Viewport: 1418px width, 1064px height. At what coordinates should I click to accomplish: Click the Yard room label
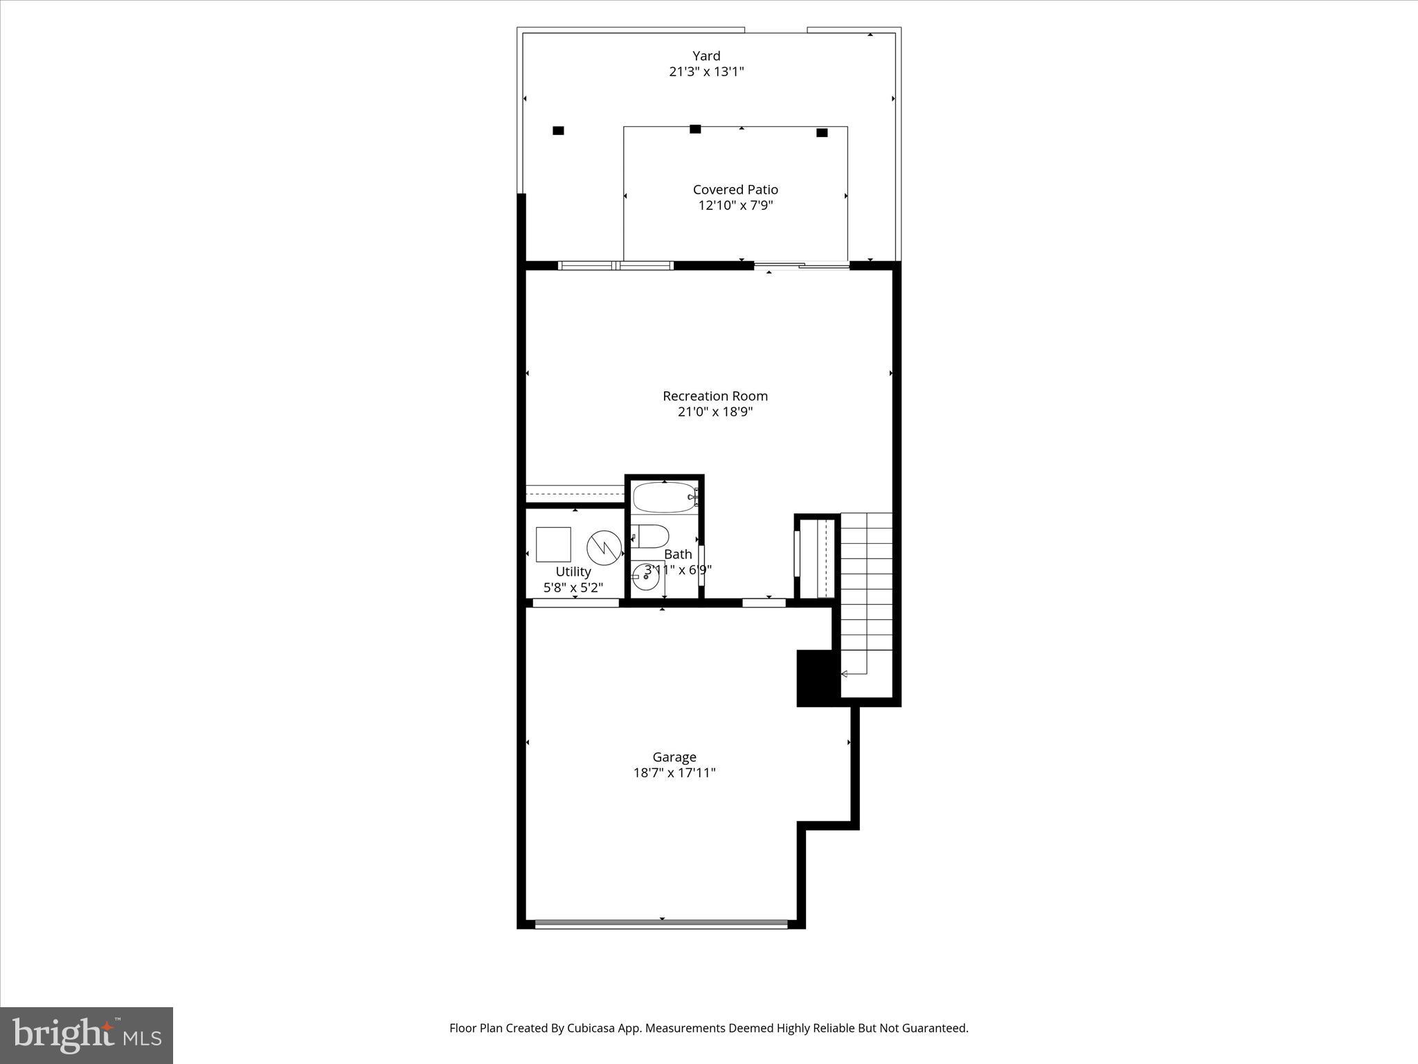[706, 56]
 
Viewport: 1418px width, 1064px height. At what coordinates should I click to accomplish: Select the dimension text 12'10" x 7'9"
[735, 206]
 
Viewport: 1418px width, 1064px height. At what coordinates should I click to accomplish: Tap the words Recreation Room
[715, 396]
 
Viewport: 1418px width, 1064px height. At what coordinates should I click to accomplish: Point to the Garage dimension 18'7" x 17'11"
[674, 773]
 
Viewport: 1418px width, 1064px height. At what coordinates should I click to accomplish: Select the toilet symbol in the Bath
[651, 535]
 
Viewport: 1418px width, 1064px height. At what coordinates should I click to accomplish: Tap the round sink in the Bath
[646, 576]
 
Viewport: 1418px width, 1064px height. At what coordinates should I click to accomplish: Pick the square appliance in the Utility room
[553, 544]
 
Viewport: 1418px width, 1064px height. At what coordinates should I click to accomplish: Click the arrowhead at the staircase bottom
[844, 673]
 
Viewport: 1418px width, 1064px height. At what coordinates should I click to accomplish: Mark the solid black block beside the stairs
[818, 677]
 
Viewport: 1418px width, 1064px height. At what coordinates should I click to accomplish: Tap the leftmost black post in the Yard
[558, 130]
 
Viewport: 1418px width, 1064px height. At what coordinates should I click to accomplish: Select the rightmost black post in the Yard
[822, 133]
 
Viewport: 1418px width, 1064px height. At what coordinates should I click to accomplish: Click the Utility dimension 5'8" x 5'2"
[573, 588]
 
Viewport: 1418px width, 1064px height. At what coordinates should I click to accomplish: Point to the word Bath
[678, 554]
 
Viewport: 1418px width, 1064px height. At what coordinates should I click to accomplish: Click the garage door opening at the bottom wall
[661, 923]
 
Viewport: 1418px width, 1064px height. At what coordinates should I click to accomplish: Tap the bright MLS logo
[87, 1035]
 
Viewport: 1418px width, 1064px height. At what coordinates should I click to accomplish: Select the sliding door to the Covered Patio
[801, 265]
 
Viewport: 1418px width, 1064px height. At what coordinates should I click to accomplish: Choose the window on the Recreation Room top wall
[616, 265]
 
